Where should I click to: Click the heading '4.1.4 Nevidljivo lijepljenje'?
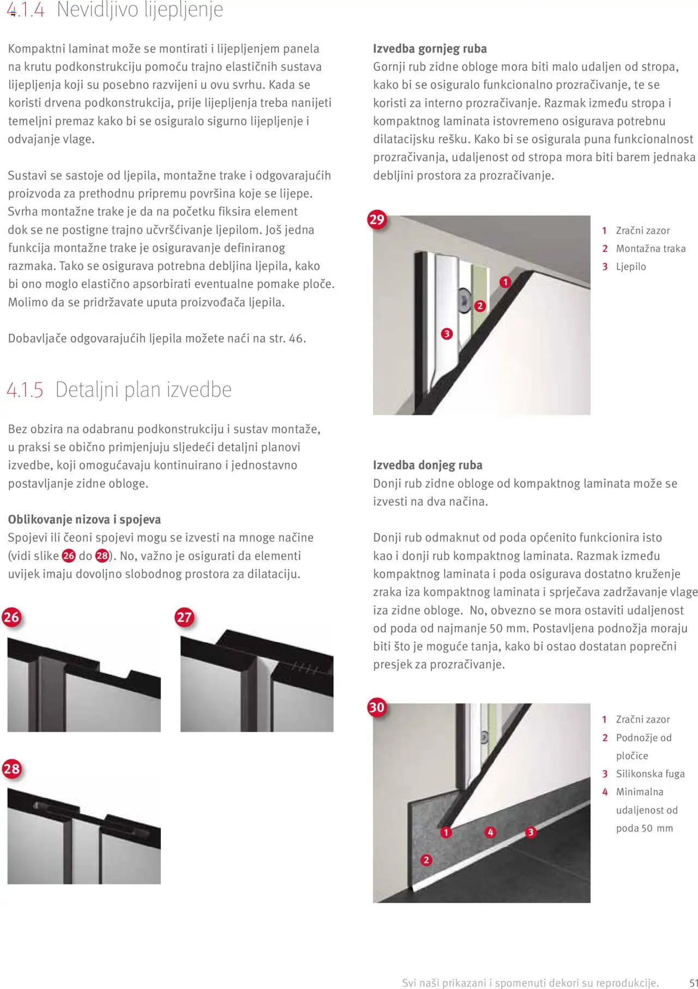tap(115, 10)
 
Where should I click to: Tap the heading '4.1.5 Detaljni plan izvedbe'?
tap(119, 389)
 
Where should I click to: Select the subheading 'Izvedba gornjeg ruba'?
tap(430, 49)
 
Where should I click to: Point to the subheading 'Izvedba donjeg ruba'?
tap(428, 465)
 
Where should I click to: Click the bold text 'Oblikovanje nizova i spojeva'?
tap(84, 519)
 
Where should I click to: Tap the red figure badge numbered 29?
tap(377, 220)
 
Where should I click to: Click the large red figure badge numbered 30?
tap(377, 707)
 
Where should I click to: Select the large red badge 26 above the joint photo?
tap(11, 617)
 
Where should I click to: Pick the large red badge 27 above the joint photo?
tap(184, 617)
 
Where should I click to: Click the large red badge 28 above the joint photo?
tap(11, 769)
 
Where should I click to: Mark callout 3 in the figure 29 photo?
tap(447, 334)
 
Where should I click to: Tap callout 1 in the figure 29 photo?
tap(506, 282)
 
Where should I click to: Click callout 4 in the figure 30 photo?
tap(491, 832)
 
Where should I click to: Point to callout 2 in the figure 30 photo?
tap(426, 860)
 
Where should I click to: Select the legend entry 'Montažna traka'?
tap(651, 249)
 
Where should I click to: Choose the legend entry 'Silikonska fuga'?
tap(650, 774)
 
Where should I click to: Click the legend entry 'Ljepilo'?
tap(631, 267)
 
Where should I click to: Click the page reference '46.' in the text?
tap(297, 338)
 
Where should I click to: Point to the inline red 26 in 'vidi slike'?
tap(69, 556)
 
